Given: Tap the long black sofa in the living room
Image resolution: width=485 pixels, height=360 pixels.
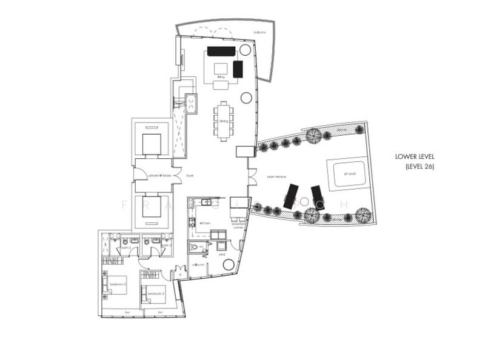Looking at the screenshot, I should pyautogui.click(x=220, y=51).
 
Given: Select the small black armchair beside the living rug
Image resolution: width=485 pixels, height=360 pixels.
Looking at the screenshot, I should pyautogui.click(x=238, y=69).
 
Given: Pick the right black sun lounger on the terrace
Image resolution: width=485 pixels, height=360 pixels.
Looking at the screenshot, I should pyautogui.click(x=318, y=198).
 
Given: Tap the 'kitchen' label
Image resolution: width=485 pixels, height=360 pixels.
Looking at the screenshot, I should pyautogui.click(x=204, y=224).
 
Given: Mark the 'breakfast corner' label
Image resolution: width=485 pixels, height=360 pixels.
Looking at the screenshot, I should pyautogui.click(x=238, y=224).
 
